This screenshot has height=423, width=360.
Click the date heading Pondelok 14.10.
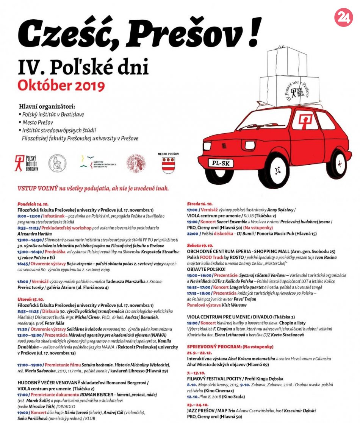tap(33, 203)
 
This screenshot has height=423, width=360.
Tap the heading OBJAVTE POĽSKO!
tap(204, 269)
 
